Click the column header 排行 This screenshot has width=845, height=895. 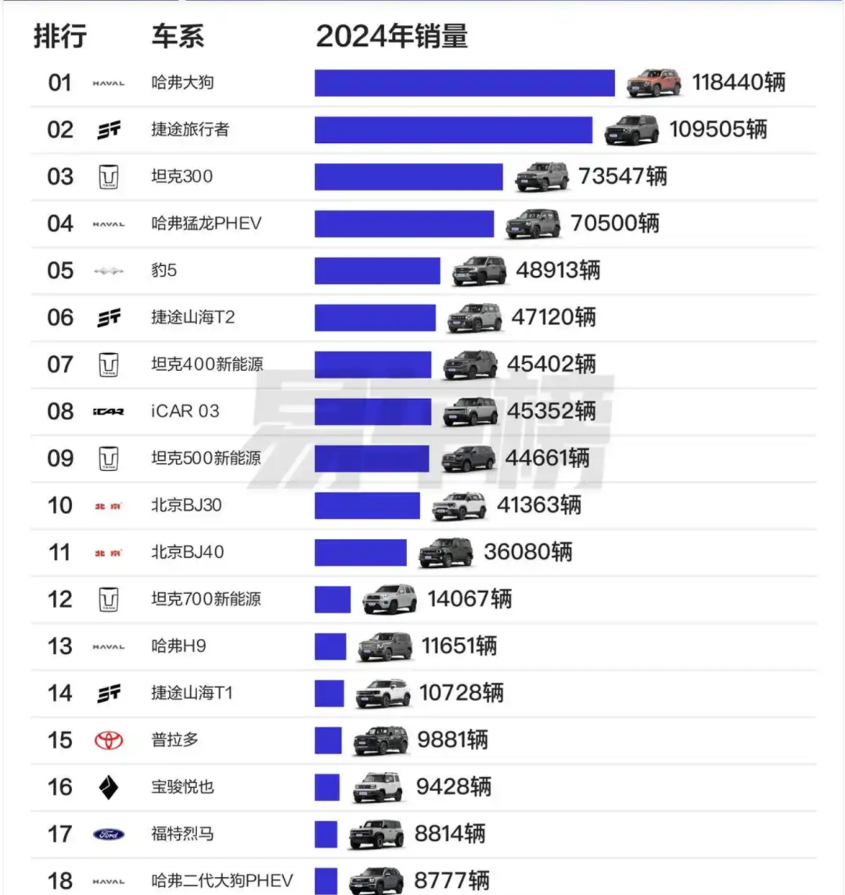pos(60,36)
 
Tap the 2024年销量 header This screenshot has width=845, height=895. pos(392,36)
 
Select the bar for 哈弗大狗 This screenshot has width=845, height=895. pos(464,83)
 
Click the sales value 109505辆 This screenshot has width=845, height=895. pos(717,130)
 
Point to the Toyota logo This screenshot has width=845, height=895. pos(109,740)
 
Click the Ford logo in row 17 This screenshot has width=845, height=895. pos(109,834)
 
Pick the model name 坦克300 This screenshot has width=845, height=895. pos(182,177)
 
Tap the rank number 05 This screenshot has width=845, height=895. pos(60,271)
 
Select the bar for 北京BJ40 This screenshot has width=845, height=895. pos(361,552)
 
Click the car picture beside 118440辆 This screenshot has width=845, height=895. pos(654,82)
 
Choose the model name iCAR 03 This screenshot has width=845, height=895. pos(185,412)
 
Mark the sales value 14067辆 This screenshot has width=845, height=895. pos(469,599)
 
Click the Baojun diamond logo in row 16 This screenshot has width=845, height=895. pos(109,787)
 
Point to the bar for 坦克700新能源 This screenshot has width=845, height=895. pos(333,599)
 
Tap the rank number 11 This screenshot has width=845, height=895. pos(60,552)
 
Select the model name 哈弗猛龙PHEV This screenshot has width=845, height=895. pos(207,224)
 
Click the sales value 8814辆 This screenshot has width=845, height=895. pos(450,834)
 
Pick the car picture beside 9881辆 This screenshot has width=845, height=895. pos(381,740)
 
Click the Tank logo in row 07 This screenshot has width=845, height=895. pos(109,365)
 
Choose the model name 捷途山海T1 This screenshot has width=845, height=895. pos(192,693)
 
